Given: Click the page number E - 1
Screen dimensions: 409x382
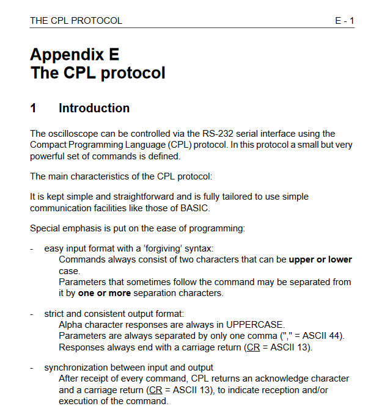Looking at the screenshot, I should [x=344, y=21].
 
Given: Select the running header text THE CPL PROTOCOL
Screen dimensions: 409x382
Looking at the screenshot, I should [x=76, y=21].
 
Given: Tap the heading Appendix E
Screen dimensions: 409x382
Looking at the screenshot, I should [x=75, y=54].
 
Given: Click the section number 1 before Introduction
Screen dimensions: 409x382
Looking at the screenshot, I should [x=34, y=109].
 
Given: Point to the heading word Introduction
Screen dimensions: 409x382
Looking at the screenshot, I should [x=94, y=109].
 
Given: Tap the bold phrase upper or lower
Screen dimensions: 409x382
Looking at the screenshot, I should [x=320, y=259].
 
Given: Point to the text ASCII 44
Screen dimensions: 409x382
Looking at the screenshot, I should [x=323, y=336].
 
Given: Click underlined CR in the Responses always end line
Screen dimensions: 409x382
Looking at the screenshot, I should [x=251, y=347].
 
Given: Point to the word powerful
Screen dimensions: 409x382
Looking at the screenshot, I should [x=49, y=156].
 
